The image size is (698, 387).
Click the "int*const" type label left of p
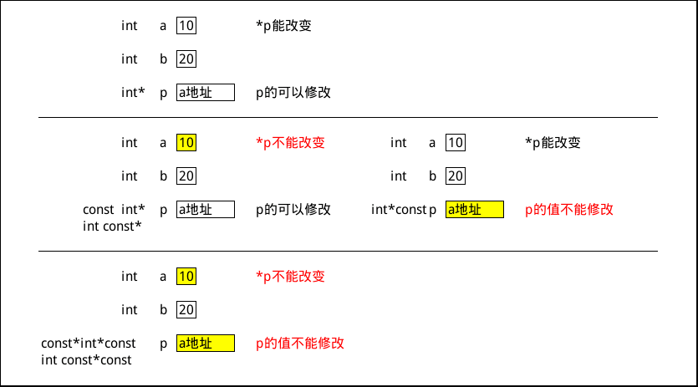point(399,210)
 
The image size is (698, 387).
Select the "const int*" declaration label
point(114,210)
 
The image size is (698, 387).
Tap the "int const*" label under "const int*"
point(112,227)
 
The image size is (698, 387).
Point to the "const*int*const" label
point(89,344)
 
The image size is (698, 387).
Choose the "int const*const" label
point(86,360)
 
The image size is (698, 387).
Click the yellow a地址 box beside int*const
point(474,210)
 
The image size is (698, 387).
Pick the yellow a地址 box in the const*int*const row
point(205,344)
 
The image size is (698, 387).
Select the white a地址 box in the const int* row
point(205,210)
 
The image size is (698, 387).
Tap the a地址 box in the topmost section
point(205,93)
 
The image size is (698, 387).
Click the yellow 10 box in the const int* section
point(186,143)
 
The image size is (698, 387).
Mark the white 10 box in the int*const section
point(456,143)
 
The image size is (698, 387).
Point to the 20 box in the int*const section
point(456,176)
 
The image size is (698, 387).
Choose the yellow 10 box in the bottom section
point(186,277)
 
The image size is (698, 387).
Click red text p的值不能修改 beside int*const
point(569,210)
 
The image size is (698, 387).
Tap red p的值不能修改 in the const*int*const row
point(300,344)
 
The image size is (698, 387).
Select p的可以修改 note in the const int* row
point(293,210)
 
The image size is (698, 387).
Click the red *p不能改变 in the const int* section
point(290,143)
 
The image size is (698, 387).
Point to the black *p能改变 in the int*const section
point(553,143)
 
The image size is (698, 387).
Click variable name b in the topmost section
point(164,59)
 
